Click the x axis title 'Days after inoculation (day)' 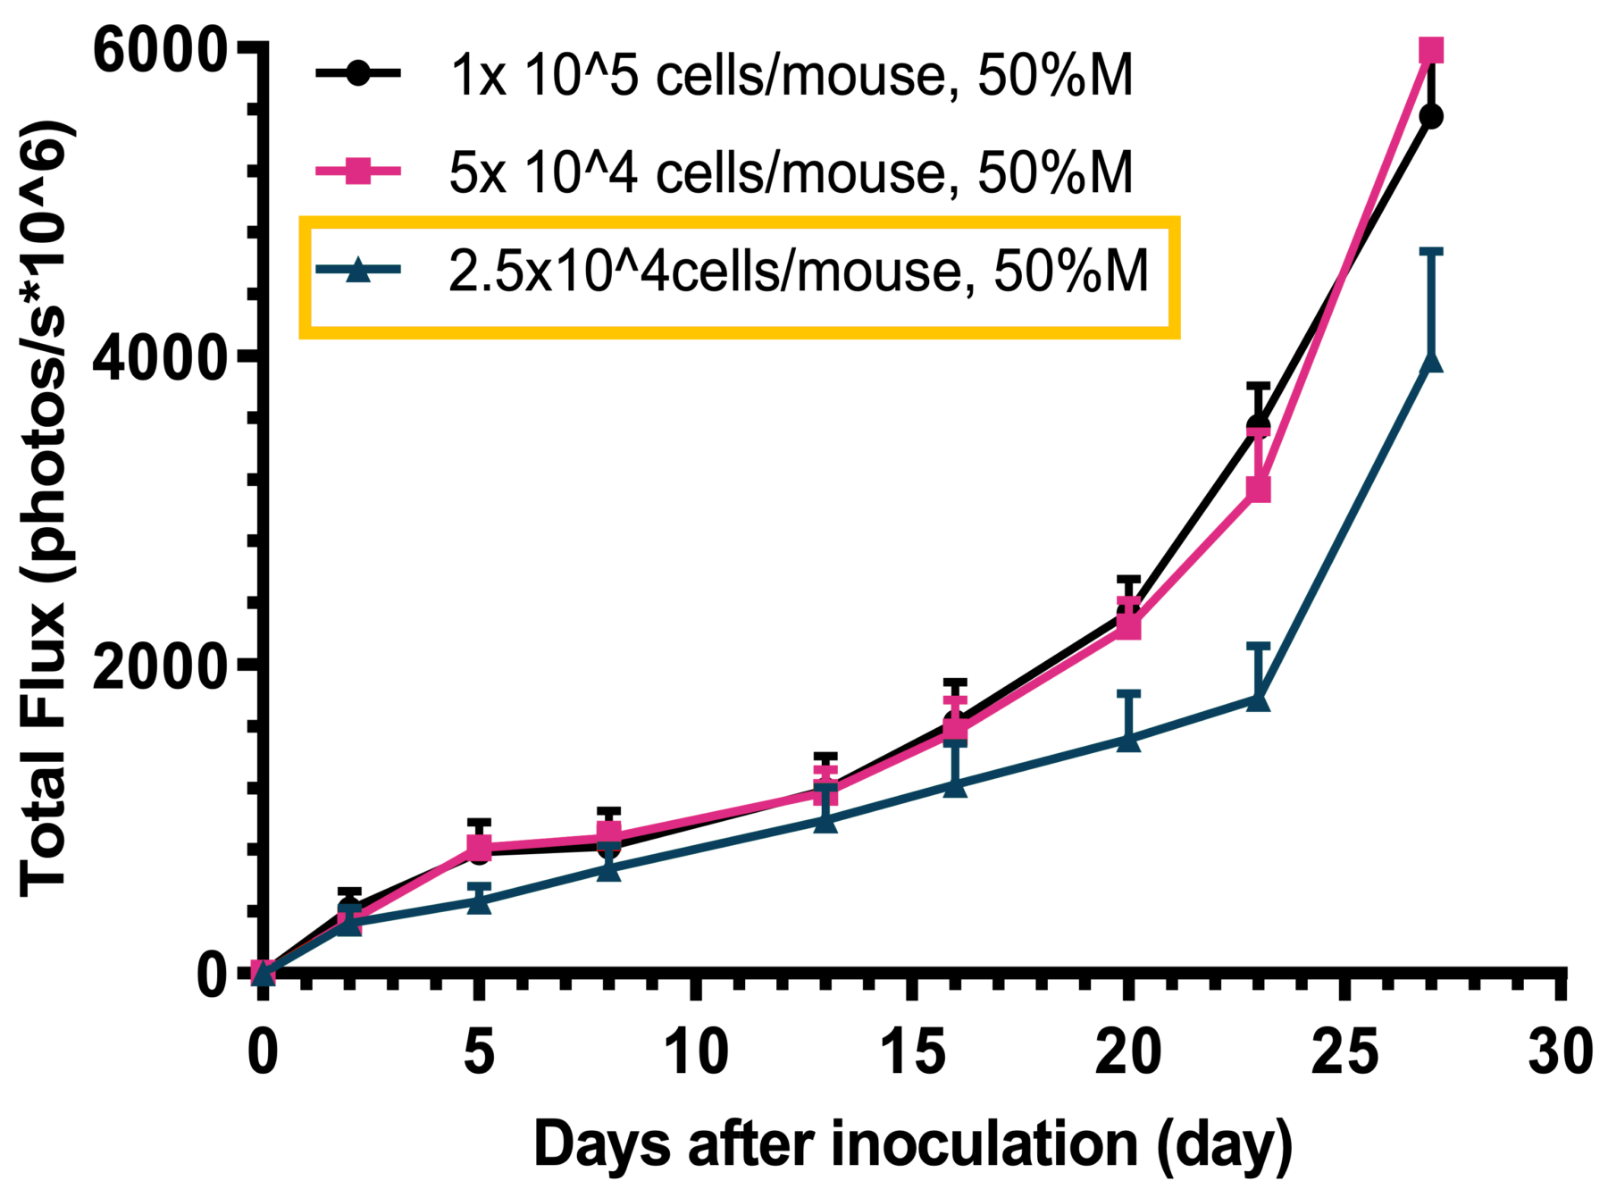coord(912,1144)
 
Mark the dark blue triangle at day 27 coord(1431,360)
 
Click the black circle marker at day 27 coord(1431,116)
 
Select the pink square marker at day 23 coord(1258,490)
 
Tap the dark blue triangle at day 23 coord(1258,699)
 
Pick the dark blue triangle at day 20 coord(1128,740)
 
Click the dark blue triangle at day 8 coord(608,869)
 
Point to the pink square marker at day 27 coord(1431,50)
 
